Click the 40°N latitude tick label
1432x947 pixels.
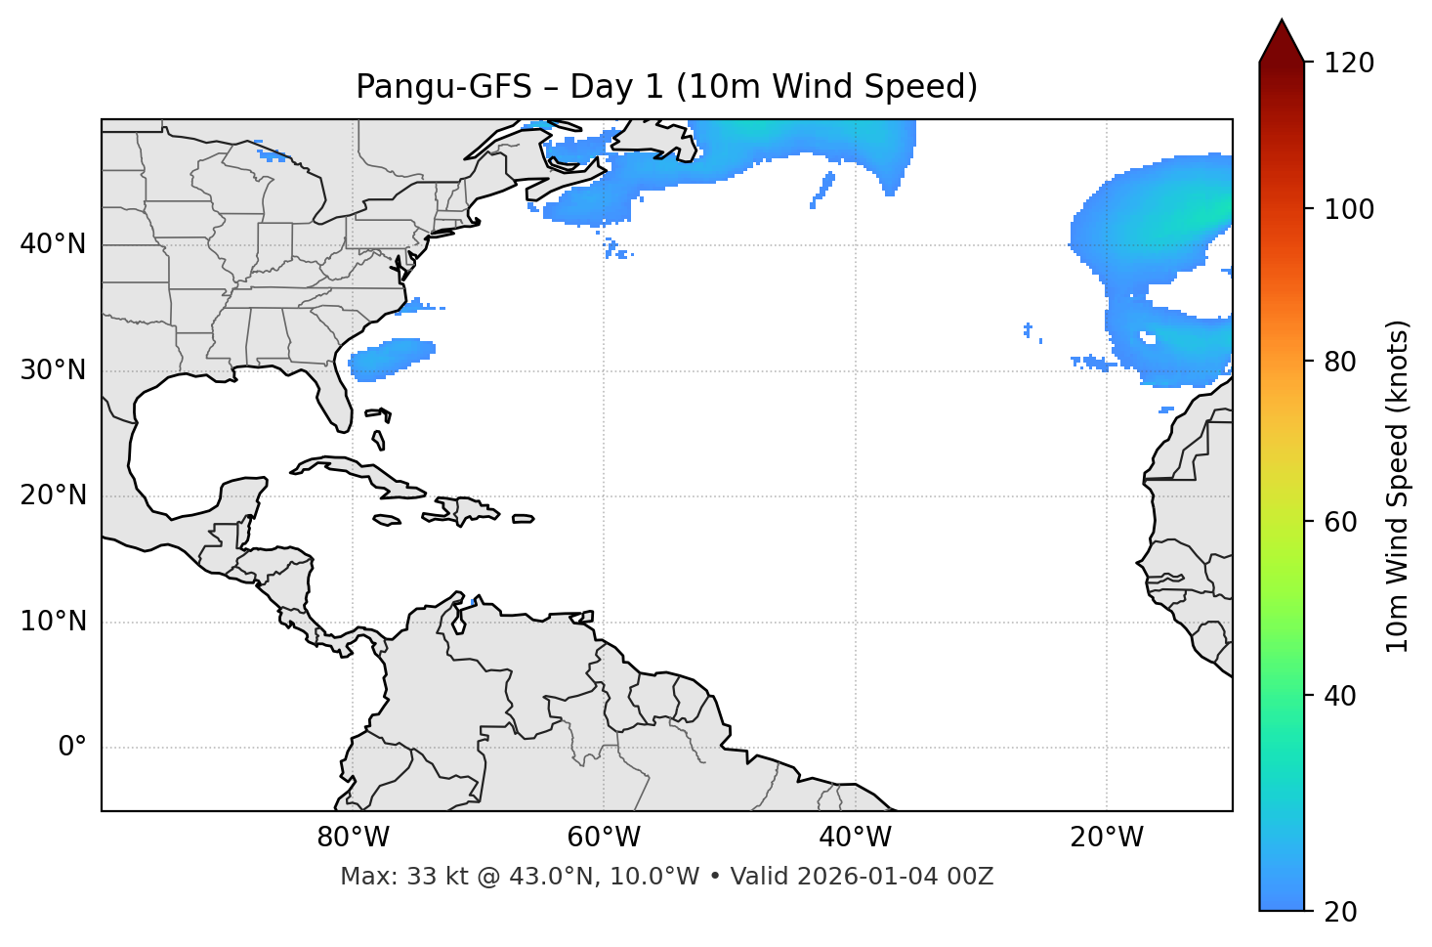pyautogui.click(x=53, y=244)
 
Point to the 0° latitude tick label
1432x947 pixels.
pyautogui.click(x=71, y=748)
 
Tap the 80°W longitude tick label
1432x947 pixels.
pyautogui.click(x=353, y=838)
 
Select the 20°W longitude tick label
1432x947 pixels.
pyautogui.click(x=1107, y=838)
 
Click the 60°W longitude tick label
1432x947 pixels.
pyautogui.click(x=604, y=838)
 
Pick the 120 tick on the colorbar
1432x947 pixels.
pyautogui.click(x=1349, y=64)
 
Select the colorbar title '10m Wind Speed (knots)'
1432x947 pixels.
pyautogui.click(x=1398, y=486)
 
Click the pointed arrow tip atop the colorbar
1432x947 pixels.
pyautogui.click(x=1282, y=29)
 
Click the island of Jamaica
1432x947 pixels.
pyautogui.click(x=387, y=521)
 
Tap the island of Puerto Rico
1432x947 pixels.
pyautogui.click(x=524, y=519)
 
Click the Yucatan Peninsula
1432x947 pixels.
pyautogui.click(x=239, y=498)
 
